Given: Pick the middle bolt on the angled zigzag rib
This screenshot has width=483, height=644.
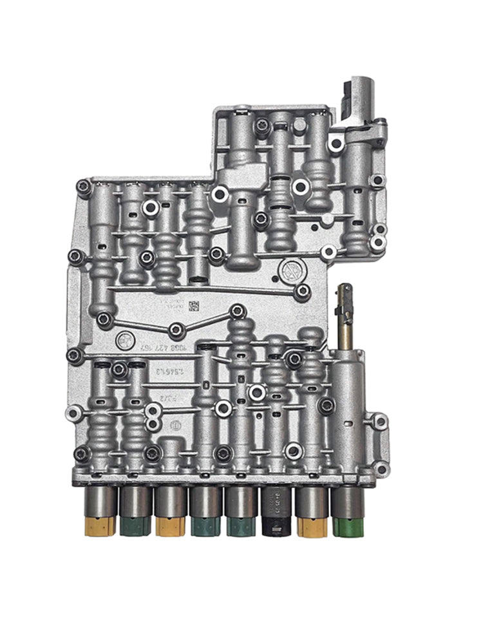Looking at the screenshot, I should coord(175,330).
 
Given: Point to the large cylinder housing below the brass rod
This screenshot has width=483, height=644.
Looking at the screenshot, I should coord(348,412).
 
